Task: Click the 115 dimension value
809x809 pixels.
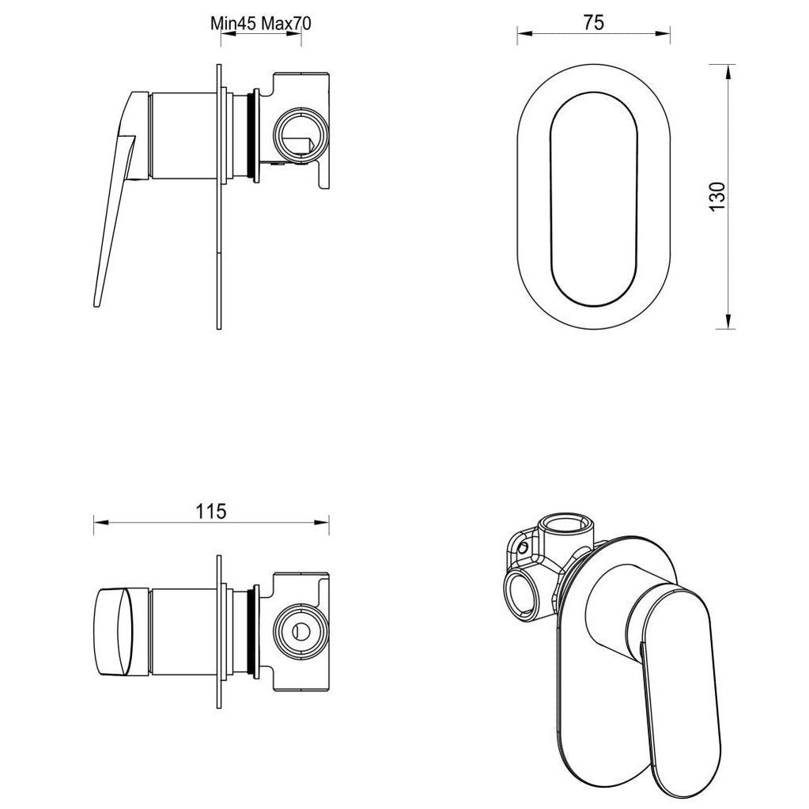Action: pos(211,510)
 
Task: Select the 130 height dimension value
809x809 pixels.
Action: pos(716,197)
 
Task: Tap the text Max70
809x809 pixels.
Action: pos(282,23)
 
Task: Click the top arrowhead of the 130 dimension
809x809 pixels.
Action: pos(727,70)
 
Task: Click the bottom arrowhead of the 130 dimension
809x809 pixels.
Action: pos(727,323)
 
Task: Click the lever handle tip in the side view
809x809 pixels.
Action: pos(98,299)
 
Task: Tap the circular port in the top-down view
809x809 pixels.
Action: pos(301,631)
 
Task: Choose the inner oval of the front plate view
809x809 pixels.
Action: pos(593,197)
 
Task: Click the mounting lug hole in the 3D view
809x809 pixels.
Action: pos(520,545)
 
